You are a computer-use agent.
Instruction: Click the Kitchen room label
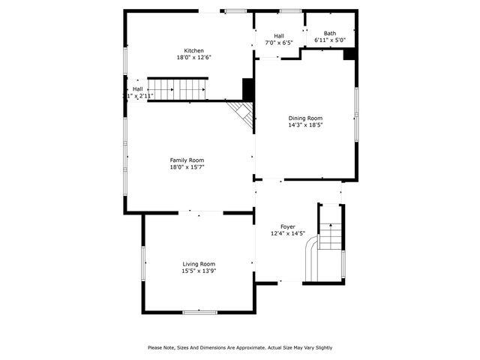click(x=184, y=51)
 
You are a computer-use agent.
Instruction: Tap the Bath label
click(x=330, y=33)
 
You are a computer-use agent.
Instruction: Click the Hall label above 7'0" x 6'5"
click(x=279, y=36)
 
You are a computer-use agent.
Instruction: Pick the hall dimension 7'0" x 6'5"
click(x=279, y=43)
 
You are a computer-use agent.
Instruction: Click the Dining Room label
click(x=305, y=118)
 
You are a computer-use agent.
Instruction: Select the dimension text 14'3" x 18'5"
click(x=305, y=125)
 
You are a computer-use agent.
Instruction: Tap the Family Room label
click(x=187, y=160)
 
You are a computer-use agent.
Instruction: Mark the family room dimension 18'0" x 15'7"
click(x=187, y=167)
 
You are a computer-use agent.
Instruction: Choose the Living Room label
click(x=199, y=264)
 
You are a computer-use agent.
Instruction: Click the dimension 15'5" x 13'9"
click(x=199, y=271)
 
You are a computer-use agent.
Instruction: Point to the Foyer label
click(x=288, y=226)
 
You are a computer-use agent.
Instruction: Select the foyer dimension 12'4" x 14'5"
click(x=288, y=234)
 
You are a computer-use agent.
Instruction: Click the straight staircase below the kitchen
click(x=178, y=90)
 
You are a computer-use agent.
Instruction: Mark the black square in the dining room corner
click(x=349, y=54)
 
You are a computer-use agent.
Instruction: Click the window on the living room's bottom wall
click(x=200, y=311)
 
